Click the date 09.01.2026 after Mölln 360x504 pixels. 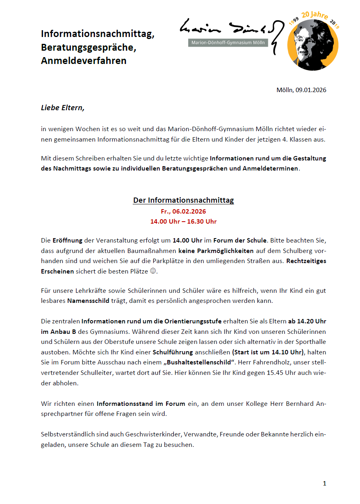click(x=311, y=90)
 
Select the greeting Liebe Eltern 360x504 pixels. click(x=63, y=108)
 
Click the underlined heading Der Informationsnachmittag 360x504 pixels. click(x=183, y=200)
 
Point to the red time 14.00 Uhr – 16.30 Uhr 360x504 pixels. click(x=183, y=222)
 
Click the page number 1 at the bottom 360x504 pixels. click(x=325, y=483)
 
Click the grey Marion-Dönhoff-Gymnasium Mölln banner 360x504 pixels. click(x=228, y=43)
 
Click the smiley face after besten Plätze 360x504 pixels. click(x=152, y=272)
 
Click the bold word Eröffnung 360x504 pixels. click(x=67, y=241)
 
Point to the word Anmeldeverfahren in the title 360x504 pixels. click(x=84, y=61)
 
